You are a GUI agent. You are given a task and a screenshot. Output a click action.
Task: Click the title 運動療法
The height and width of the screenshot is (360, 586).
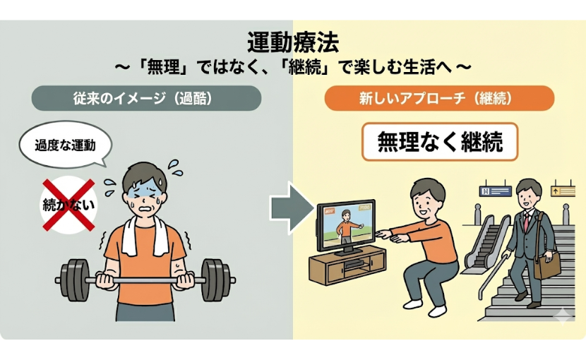tap(292, 42)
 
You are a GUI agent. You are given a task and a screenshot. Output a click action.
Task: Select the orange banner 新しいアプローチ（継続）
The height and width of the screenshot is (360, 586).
tap(438, 98)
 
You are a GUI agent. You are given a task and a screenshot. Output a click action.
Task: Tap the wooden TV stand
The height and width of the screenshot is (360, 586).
tap(344, 271)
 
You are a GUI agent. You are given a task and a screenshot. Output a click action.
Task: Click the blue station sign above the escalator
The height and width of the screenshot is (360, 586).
tap(494, 191)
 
